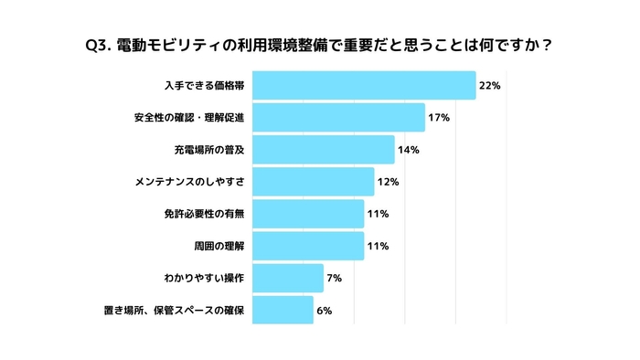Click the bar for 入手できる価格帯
point(363,86)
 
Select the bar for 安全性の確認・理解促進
point(338,118)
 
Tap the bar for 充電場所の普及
point(323,150)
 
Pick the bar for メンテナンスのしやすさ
point(313,182)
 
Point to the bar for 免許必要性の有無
point(307,214)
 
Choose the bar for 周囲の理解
point(307,246)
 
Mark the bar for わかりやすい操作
point(287,278)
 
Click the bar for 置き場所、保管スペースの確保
point(283,310)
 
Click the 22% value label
point(489,86)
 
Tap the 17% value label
point(439,118)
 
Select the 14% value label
point(408,150)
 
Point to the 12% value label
point(388,182)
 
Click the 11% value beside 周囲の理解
point(378,246)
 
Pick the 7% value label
point(334,278)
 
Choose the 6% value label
point(324,310)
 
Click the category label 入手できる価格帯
point(204,86)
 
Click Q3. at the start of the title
point(97,44)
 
